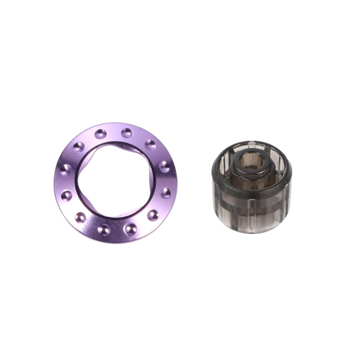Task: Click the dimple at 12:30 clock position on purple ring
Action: pyautogui.click(x=127, y=132)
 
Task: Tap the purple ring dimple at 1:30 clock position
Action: pyautogui.click(x=150, y=144)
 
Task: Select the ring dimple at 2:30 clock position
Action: pyautogui.click(x=164, y=166)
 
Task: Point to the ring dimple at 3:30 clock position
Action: pyautogui.click(x=165, y=192)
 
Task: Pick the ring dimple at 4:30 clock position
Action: pyautogui.click(x=153, y=215)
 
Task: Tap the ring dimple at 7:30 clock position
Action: pyautogui.click(x=81, y=217)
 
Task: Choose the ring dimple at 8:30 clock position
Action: pyautogui.click(x=67, y=195)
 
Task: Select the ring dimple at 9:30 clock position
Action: pyautogui.click(x=66, y=169)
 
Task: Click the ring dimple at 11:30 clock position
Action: pyautogui.click(x=100, y=133)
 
